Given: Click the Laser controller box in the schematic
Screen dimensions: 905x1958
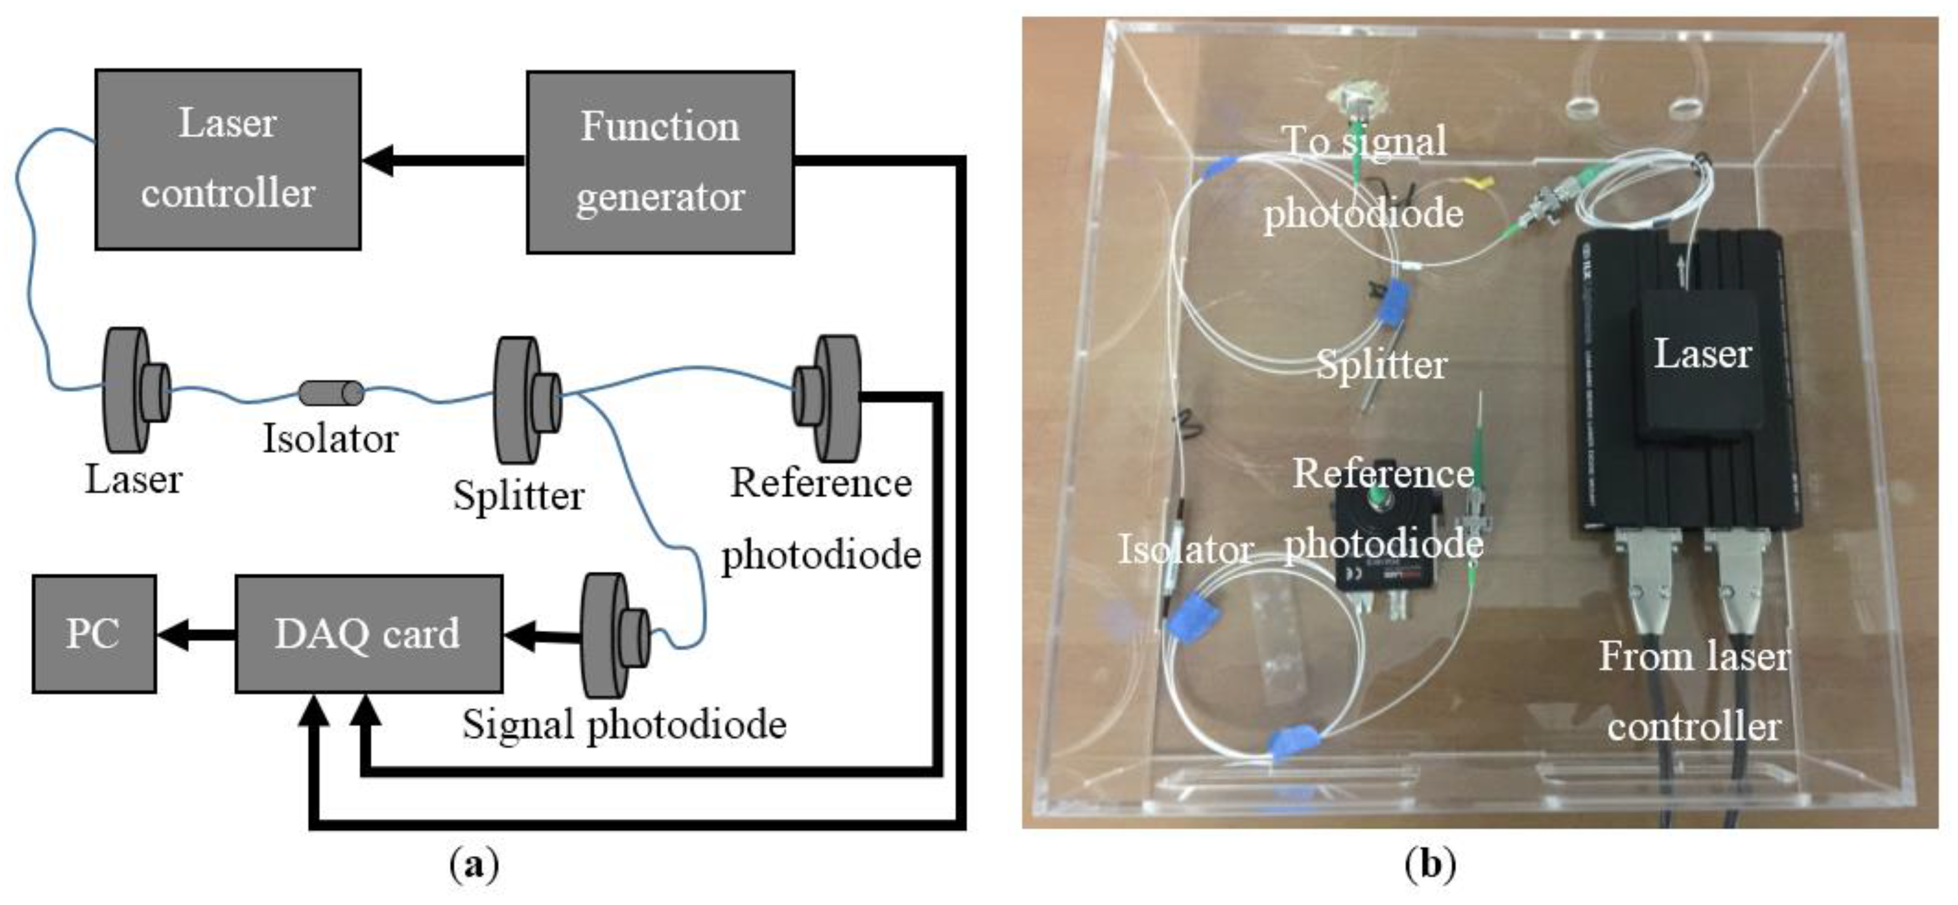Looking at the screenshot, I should click(227, 159).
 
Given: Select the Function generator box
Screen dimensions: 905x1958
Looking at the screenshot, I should click(660, 162).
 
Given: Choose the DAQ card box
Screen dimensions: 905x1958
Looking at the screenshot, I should click(368, 634).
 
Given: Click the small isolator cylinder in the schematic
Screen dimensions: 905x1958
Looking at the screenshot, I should click(331, 392).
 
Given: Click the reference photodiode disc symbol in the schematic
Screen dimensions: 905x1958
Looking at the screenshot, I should click(829, 397).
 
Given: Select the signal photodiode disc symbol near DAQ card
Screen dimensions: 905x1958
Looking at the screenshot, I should click(615, 635).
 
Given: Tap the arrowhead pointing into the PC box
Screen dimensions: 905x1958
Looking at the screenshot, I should click(173, 634).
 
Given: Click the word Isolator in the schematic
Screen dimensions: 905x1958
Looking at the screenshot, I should click(330, 439).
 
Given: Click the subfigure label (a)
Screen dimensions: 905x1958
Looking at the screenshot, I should click(475, 865).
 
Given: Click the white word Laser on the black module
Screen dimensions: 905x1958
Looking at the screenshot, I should click(1702, 354).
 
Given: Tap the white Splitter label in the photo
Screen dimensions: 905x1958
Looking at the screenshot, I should click(1381, 365).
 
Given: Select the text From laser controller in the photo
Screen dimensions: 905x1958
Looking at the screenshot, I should click(1694, 690).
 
